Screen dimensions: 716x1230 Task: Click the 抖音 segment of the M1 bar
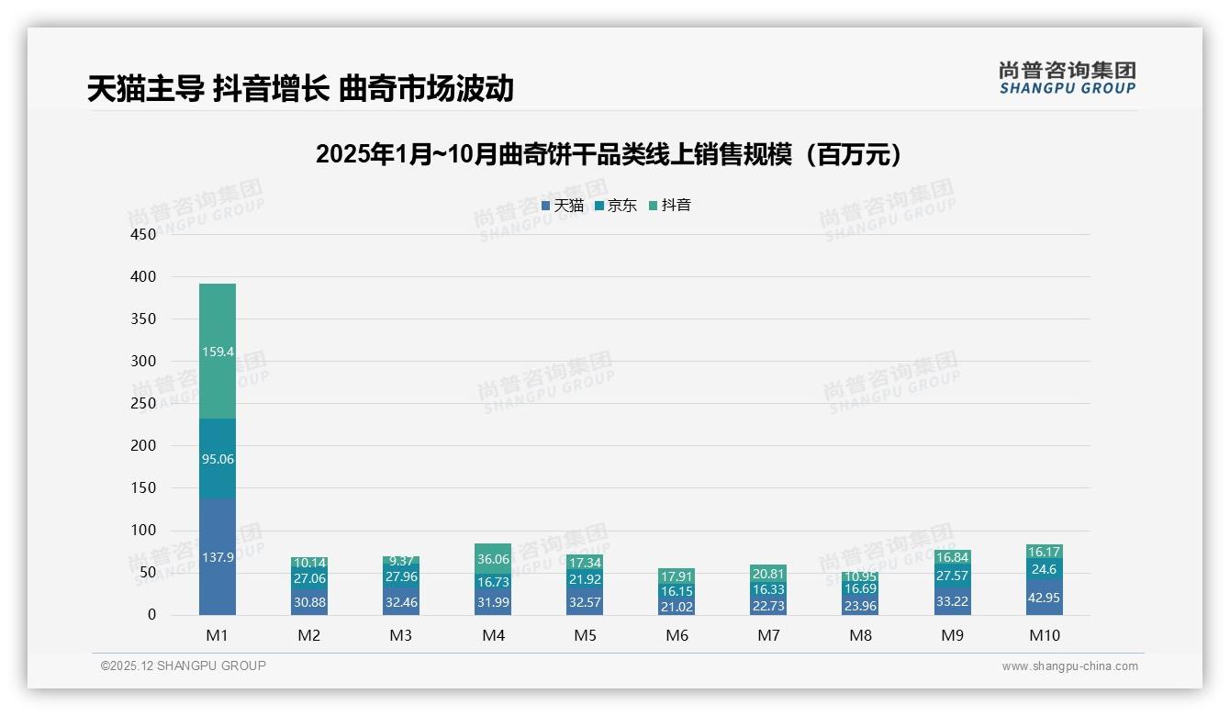coord(218,351)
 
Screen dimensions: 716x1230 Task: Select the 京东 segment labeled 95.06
coord(218,458)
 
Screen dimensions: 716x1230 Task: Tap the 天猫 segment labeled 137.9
coord(218,556)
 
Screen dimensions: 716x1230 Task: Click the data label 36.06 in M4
coord(493,558)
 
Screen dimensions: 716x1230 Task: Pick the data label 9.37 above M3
coord(401,561)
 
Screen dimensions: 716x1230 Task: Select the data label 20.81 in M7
coord(768,574)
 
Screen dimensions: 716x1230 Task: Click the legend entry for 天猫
coord(563,206)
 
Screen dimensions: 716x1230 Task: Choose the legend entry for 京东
coord(616,206)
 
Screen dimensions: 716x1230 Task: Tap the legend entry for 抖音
coord(670,206)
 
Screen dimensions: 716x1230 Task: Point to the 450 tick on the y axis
coord(144,234)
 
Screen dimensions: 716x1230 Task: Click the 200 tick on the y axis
coord(144,445)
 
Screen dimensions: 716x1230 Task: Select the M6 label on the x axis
coord(676,635)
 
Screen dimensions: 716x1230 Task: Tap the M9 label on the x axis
coord(952,635)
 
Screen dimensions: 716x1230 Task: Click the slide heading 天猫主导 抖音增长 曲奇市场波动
coord(300,89)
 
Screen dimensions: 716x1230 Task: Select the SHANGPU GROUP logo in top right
coord(1067,77)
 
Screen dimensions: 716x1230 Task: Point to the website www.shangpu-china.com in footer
coord(1069,666)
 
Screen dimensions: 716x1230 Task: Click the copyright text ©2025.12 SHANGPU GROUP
coord(184,666)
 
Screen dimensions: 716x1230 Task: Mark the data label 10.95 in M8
coord(860,576)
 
